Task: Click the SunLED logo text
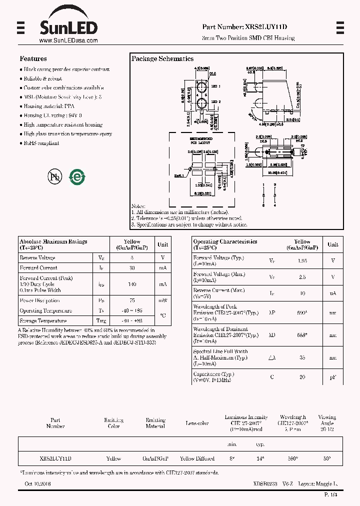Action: click(68, 27)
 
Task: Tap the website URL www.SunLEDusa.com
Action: click(68, 40)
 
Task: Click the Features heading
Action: click(33, 58)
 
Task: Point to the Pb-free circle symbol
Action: click(54, 176)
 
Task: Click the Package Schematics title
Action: click(162, 59)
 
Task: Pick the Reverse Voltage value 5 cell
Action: click(132, 257)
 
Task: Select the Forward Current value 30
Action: click(132, 267)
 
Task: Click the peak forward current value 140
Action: click(132, 284)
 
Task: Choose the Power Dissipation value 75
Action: click(132, 300)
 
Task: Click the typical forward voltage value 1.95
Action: click(302, 261)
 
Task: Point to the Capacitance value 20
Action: click(302, 376)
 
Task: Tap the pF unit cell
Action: click(332, 376)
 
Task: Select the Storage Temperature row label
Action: click(43, 320)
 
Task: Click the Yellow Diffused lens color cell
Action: click(197, 458)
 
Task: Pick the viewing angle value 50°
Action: click(326, 458)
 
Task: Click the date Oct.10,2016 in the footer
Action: click(37, 483)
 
